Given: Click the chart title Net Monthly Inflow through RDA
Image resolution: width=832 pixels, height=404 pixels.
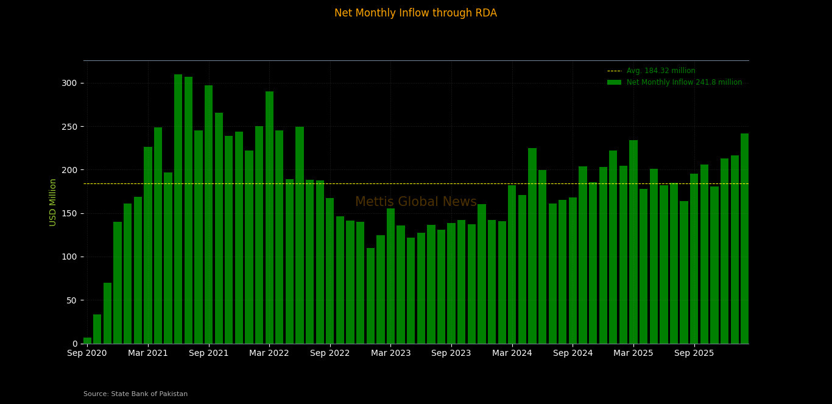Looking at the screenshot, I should click(415, 13).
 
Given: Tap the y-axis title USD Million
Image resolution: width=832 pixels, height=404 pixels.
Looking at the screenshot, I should click(53, 202).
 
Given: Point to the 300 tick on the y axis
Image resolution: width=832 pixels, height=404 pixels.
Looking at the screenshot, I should click(71, 83).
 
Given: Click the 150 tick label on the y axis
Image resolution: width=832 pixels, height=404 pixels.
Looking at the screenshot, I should click(71, 213).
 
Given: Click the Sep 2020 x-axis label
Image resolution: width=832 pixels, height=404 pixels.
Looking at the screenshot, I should click(87, 353).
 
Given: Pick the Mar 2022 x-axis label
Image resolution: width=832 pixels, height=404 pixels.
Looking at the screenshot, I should click(269, 353).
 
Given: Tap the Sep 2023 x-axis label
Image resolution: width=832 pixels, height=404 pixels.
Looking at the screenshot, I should click(451, 353).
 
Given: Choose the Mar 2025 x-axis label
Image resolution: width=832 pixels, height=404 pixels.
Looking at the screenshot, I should click(633, 353).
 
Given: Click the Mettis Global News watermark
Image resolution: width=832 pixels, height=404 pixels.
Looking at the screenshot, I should click(415, 202).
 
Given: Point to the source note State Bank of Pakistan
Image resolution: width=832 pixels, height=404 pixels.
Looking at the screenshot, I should click(136, 394).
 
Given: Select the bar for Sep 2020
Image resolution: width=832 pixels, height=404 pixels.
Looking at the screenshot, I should click(87, 341).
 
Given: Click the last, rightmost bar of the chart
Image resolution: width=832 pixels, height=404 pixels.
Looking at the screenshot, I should click(744, 238).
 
